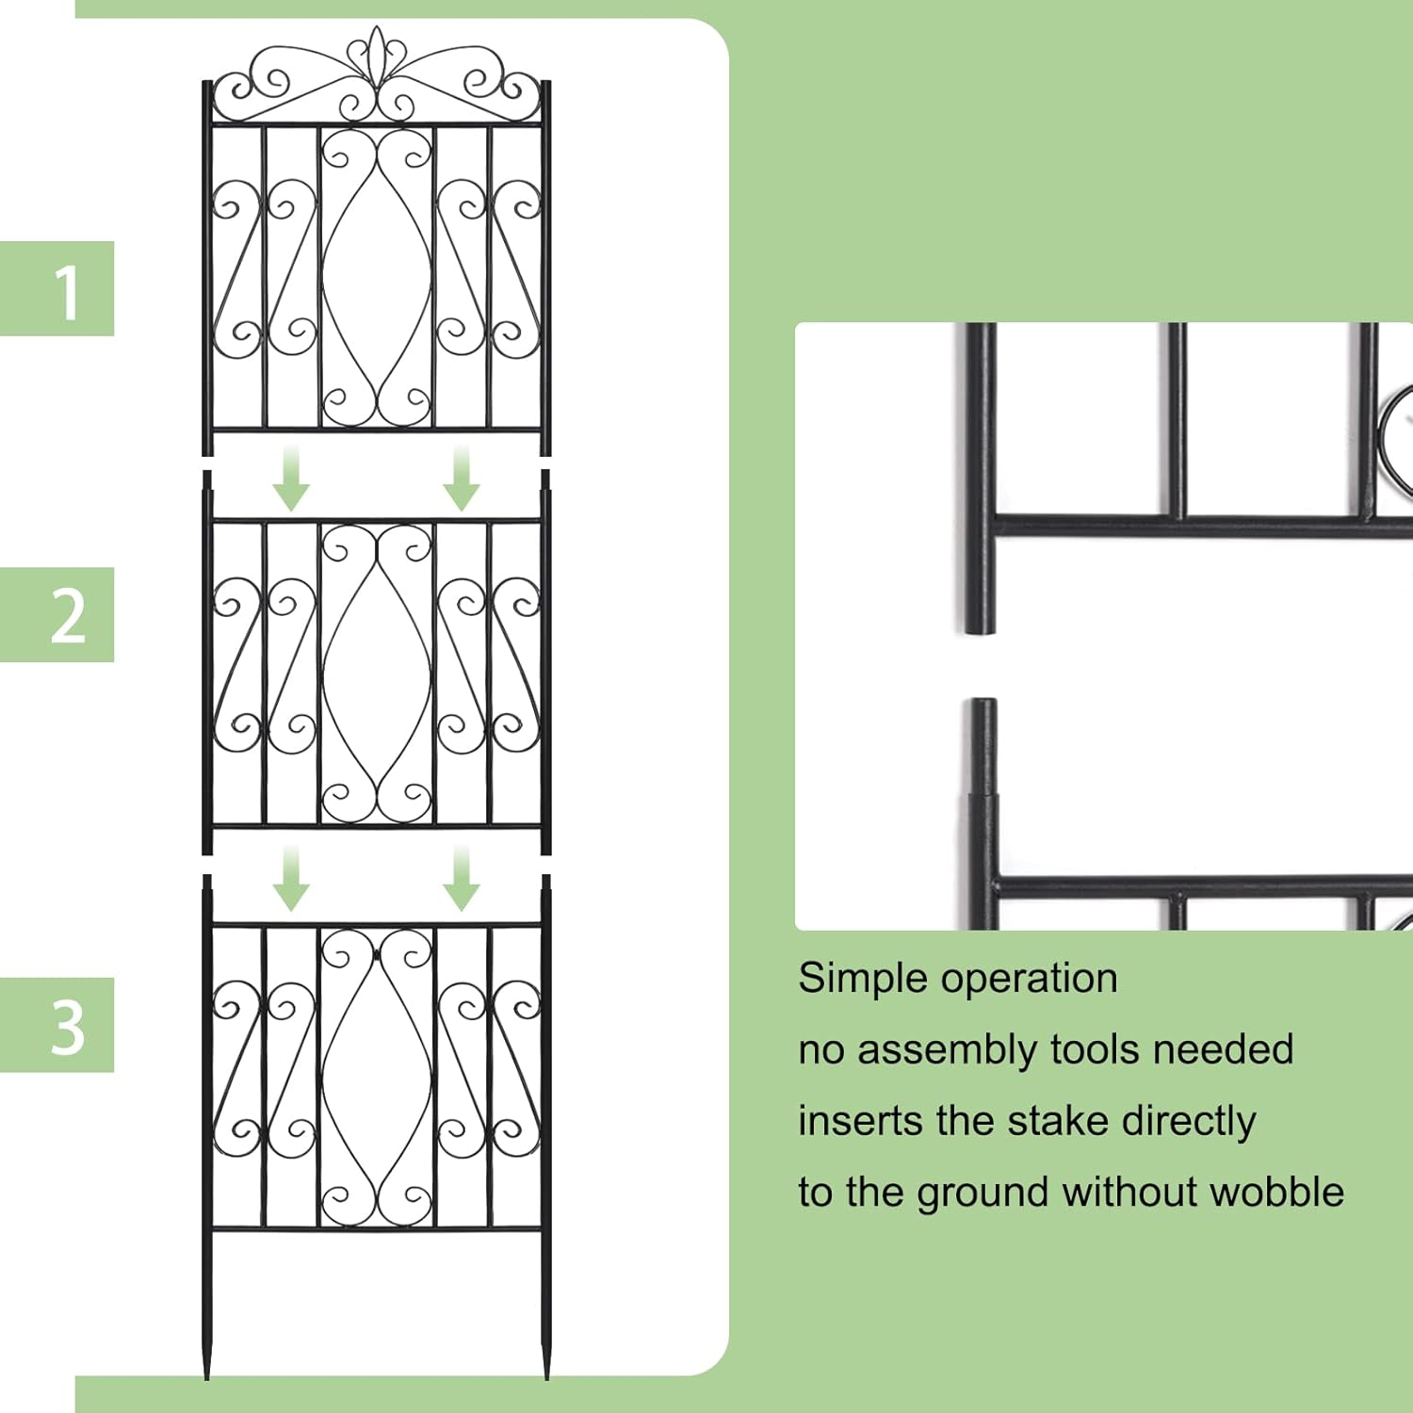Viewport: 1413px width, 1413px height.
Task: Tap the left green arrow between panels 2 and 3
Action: (x=291, y=878)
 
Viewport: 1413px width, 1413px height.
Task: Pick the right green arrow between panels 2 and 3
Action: (x=461, y=878)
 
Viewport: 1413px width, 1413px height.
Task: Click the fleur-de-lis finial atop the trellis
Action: (x=377, y=57)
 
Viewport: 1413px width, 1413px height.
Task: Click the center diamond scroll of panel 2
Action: (x=377, y=674)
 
